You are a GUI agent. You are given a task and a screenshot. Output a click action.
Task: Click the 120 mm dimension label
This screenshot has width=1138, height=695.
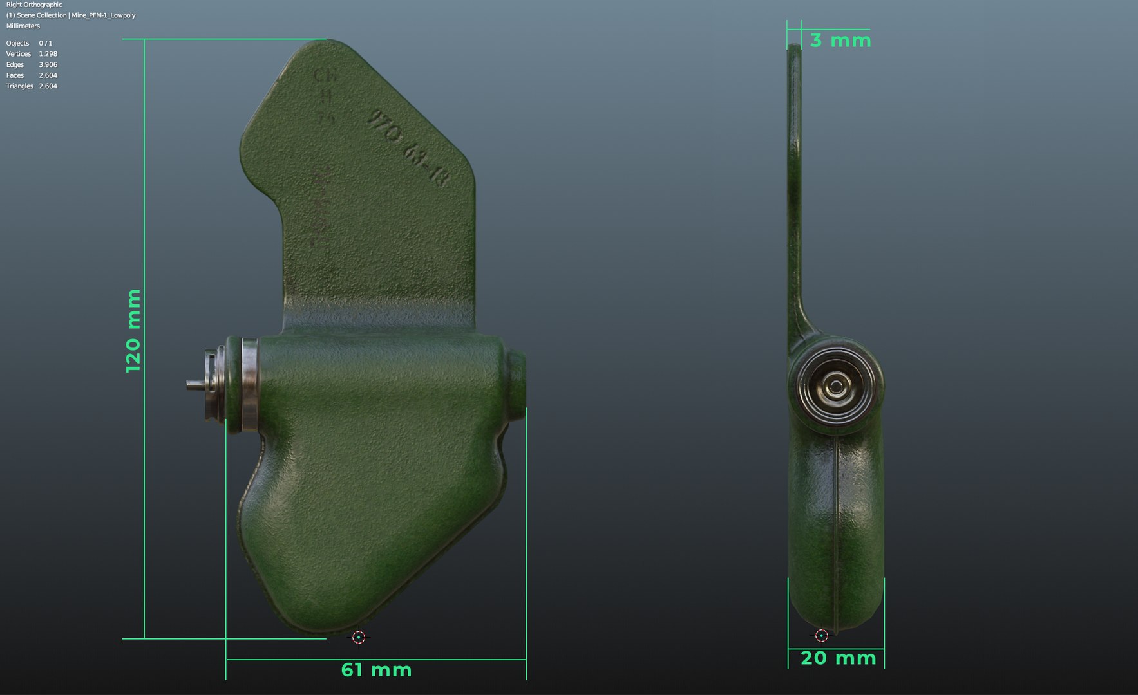133,331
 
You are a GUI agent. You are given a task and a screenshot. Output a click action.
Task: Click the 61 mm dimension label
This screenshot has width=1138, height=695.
376,670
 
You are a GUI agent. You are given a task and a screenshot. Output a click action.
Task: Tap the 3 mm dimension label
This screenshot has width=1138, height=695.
840,41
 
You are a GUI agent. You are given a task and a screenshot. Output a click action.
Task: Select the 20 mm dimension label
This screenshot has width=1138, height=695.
838,658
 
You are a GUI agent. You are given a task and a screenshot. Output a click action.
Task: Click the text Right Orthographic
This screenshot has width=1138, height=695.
34,5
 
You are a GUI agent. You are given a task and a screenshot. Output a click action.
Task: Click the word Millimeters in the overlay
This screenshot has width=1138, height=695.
23,26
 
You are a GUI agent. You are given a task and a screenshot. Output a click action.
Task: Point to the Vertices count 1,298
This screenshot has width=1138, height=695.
48,54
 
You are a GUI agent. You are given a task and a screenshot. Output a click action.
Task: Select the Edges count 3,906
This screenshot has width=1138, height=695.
48,64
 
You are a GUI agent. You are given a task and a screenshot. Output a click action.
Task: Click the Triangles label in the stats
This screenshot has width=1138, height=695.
19,86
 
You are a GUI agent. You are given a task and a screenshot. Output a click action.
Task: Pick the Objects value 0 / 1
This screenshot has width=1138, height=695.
45,43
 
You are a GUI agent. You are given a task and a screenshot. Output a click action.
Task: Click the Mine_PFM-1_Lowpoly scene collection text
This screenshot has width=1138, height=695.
103,15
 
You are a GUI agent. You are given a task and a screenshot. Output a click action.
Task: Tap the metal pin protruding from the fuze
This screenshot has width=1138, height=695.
194,384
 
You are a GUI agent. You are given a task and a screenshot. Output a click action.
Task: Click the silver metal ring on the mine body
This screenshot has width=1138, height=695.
250,384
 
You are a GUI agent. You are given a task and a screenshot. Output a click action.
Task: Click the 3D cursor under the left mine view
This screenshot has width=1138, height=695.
359,637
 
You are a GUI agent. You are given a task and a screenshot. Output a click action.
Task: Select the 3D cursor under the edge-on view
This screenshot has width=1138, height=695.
821,636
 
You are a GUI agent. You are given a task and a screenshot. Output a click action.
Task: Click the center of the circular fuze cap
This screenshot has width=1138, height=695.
835,386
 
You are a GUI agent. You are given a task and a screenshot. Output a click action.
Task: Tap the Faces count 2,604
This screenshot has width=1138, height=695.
48,75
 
